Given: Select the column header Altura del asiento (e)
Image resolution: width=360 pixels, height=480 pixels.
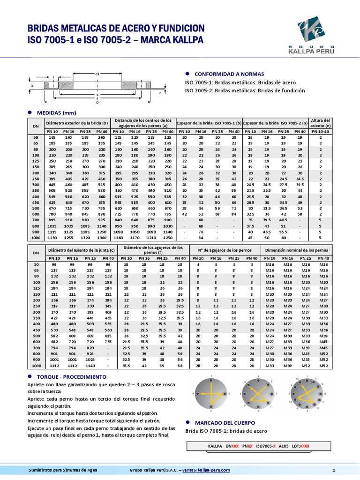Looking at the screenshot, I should [321, 123].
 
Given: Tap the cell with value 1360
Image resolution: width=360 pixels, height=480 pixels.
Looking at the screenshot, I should [101, 237].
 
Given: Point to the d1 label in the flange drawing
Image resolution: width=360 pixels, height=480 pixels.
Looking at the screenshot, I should [97, 74].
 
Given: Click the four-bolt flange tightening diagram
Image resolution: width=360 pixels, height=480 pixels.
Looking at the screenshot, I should [210, 393].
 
